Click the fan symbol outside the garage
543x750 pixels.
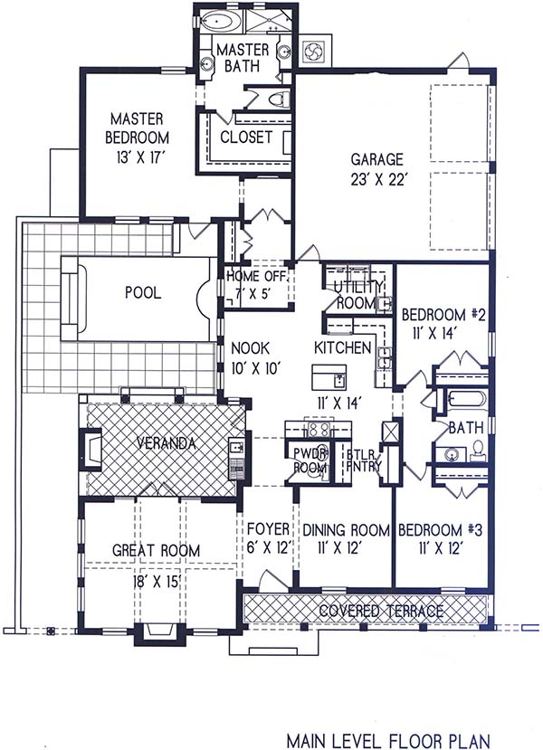(x=315, y=50)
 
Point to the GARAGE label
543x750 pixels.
(x=376, y=159)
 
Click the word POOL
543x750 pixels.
(x=143, y=292)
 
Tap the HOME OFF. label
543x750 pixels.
(x=256, y=276)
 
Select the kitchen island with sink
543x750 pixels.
(x=329, y=377)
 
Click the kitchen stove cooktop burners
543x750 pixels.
(x=317, y=429)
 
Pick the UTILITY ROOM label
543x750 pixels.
(x=359, y=295)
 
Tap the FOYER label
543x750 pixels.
(x=268, y=529)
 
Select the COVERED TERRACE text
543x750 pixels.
(x=381, y=611)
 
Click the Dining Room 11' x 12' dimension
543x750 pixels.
(x=338, y=548)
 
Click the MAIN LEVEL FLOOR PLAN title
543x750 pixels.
(x=388, y=740)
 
